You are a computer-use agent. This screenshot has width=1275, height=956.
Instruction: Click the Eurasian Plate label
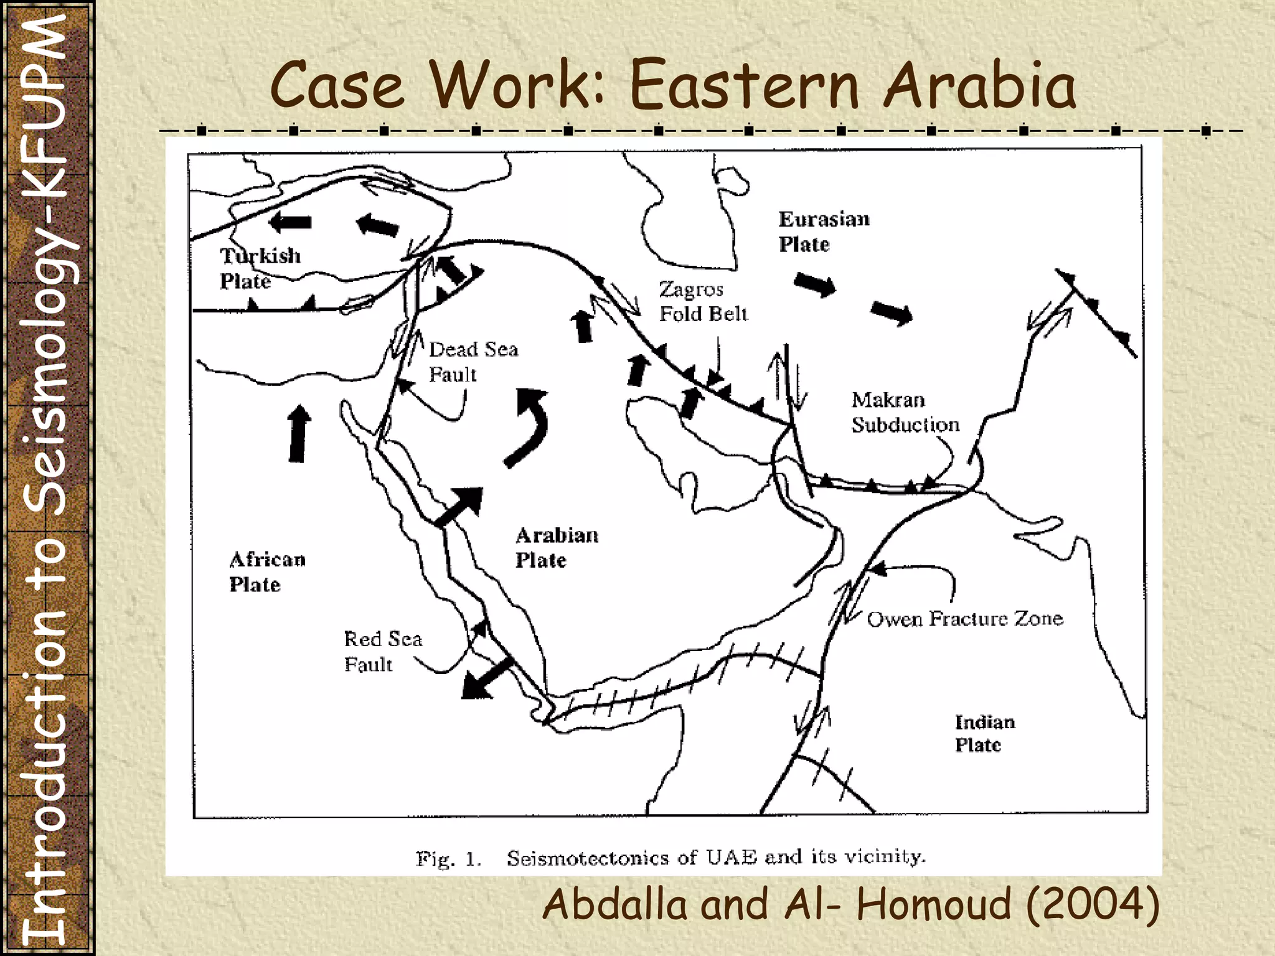[x=823, y=232]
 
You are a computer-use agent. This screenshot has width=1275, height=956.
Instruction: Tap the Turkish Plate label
[x=259, y=268]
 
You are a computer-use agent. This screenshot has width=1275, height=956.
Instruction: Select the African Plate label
[x=267, y=571]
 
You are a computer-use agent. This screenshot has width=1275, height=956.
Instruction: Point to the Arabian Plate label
[x=556, y=547]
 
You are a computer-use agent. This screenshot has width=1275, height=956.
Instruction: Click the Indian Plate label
[x=984, y=733]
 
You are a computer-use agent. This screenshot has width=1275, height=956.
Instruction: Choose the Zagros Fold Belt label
[x=703, y=302]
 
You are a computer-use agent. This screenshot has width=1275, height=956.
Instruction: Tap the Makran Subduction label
[x=905, y=412]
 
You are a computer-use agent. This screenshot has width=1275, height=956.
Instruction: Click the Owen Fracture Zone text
[x=964, y=619]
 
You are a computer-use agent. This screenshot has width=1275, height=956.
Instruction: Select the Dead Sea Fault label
[x=473, y=362]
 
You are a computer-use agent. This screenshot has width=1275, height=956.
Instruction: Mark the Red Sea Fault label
[x=382, y=651]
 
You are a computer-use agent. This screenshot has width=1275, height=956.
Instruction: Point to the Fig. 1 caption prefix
[x=448, y=860]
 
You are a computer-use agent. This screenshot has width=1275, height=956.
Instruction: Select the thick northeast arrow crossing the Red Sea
[x=459, y=507]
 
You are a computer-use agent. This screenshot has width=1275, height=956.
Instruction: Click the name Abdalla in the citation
[x=616, y=904]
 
